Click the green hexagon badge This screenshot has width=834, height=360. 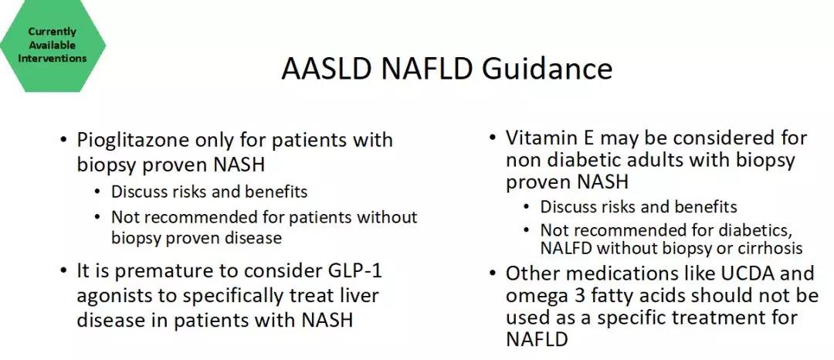[53, 46]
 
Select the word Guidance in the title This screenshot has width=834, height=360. [547, 69]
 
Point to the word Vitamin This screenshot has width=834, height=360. [543, 138]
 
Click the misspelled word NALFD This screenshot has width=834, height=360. [567, 248]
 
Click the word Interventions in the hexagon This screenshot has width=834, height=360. [53, 59]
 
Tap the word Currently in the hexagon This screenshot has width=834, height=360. [53, 32]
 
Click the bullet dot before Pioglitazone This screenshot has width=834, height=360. [64, 141]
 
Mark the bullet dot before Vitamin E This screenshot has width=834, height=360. [493, 139]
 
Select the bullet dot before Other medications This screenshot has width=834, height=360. [493, 273]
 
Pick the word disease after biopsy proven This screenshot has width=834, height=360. [250, 237]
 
